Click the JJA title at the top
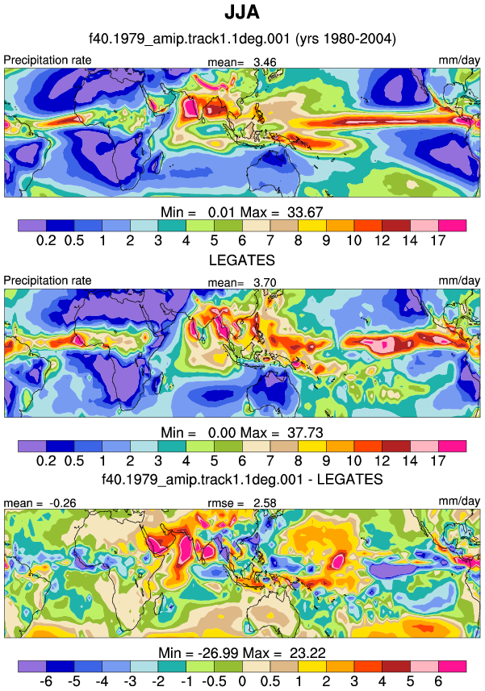(x=242, y=12)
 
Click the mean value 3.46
(x=265, y=62)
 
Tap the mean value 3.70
(x=265, y=282)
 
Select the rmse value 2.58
(x=265, y=503)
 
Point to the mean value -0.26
(x=63, y=503)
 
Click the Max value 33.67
(x=306, y=212)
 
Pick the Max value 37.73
(x=306, y=433)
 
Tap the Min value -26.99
(x=220, y=652)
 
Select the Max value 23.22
(x=307, y=652)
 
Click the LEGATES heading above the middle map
(x=242, y=260)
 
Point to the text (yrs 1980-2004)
(x=345, y=39)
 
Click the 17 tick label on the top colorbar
(x=438, y=240)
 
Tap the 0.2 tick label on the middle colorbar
(x=46, y=460)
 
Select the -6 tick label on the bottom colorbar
(x=46, y=681)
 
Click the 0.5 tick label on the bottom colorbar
(x=270, y=681)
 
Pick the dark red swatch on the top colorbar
(x=396, y=226)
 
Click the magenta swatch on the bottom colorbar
(x=452, y=666)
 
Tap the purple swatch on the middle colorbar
(x=32, y=446)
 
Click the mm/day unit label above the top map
(x=459, y=60)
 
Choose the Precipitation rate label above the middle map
(x=48, y=281)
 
